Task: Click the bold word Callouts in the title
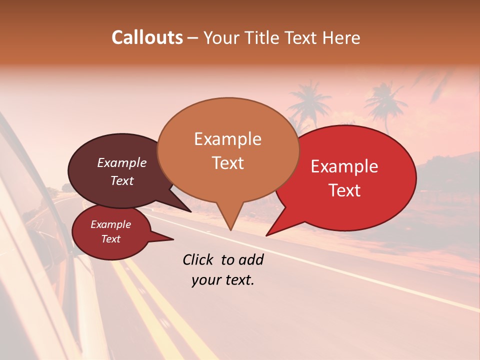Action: point(147,38)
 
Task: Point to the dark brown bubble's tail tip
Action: point(190,211)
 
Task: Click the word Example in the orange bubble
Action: point(227,139)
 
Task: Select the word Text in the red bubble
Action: point(344,190)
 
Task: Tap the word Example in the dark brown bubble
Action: point(121,163)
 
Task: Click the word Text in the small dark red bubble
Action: point(110,239)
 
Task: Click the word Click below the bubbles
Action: point(199,259)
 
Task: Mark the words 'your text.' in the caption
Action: point(223,280)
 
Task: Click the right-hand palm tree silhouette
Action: point(386,102)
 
